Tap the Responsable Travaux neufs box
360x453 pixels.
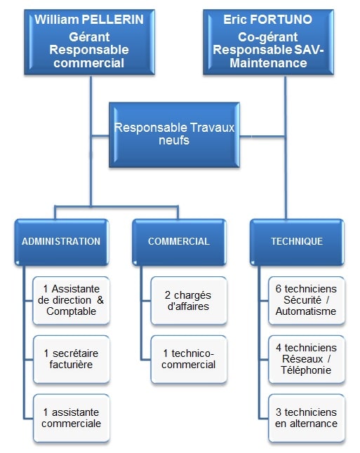(174, 134)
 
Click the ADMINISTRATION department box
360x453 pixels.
(61, 241)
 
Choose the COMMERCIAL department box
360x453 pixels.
(178, 241)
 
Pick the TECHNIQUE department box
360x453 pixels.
(297, 241)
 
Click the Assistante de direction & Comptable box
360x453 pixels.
(71, 300)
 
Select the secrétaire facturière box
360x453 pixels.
(71, 359)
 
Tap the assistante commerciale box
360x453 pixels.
(71, 418)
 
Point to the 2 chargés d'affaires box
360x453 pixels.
(189, 300)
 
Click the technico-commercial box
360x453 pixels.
(189, 359)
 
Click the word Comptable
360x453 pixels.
(71, 311)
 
